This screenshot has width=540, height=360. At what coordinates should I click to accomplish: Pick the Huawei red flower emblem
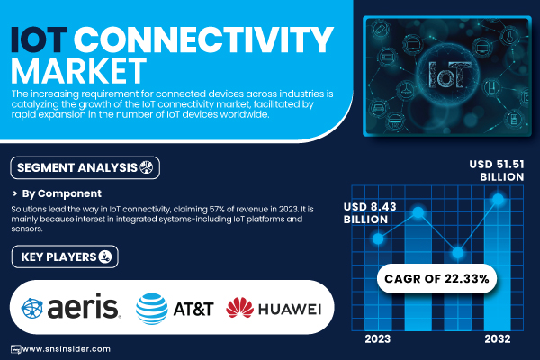(x=240, y=309)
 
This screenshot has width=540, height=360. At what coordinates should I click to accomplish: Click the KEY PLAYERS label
(x=59, y=257)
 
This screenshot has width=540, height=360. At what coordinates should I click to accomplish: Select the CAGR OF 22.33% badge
(x=436, y=279)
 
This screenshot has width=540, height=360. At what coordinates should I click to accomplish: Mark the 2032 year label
(x=496, y=339)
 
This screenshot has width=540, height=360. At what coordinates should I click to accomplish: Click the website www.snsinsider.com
(x=67, y=348)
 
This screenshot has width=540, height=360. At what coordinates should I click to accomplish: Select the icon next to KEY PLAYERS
(x=105, y=257)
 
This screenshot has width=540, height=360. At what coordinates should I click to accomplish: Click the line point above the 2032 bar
(x=496, y=200)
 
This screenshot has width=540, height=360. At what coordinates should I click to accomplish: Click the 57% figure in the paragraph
(x=190, y=209)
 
